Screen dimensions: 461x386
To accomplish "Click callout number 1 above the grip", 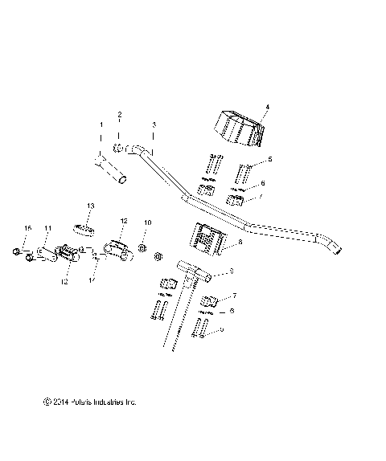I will (101, 125).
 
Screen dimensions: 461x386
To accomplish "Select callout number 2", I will (120, 115).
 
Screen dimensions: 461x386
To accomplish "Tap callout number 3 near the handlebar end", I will (154, 125).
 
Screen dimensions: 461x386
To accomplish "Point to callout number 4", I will (267, 107).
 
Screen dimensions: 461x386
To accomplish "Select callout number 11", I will (47, 229).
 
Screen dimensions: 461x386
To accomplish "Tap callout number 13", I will (91, 206).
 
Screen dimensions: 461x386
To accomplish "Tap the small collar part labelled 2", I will (119, 146).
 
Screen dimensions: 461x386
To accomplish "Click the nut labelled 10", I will (142, 249).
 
